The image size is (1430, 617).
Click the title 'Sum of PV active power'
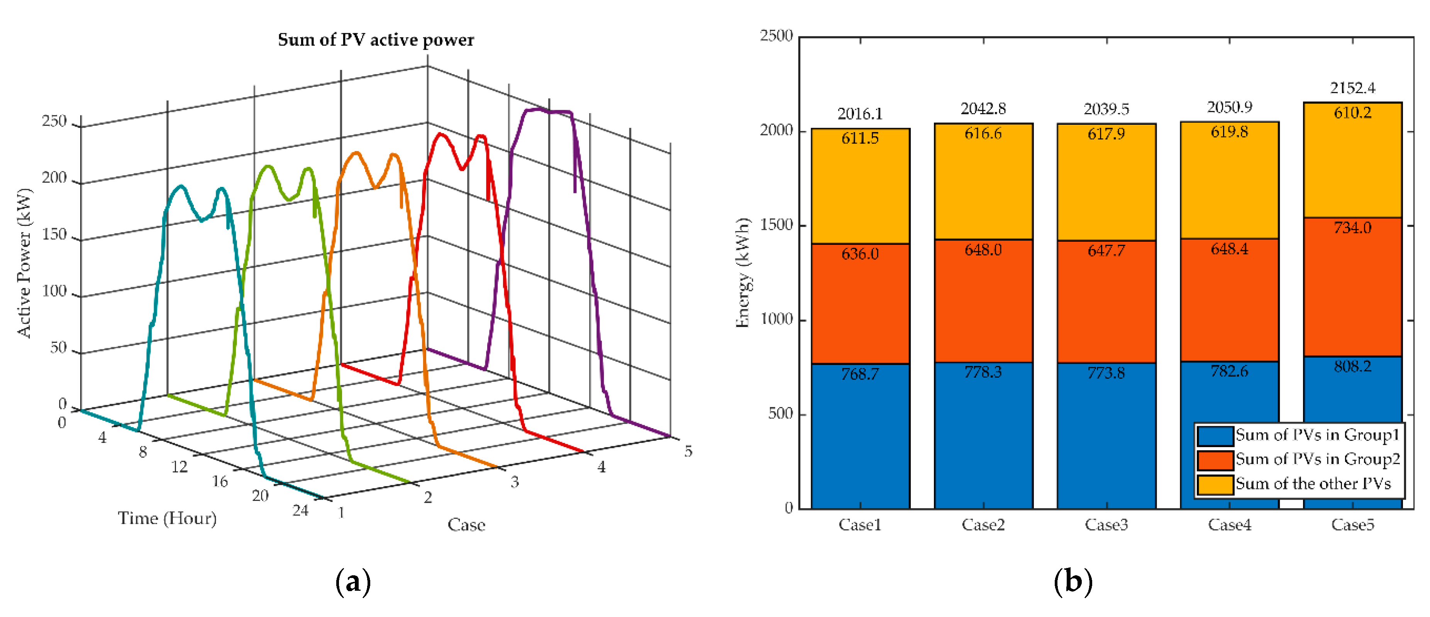tap(376, 40)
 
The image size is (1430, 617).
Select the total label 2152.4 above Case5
tap(1352, 88)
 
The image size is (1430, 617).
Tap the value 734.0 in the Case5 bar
tap(1352, 228)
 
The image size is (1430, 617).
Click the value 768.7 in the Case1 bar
tap(860, 374)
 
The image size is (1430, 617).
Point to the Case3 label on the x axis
tap(1106, 525)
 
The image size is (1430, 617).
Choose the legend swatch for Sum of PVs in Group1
tap(1214, 436)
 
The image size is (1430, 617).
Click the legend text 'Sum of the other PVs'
tap(1313, 484)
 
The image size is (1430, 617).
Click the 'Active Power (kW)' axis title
tap(24, 263)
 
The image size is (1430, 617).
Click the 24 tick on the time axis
tap(300, 510)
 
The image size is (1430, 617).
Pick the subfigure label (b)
tap(1072, 581)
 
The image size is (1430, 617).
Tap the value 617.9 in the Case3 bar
tap(1106, 134)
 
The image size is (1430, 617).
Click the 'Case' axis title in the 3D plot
tap(466, 525)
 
